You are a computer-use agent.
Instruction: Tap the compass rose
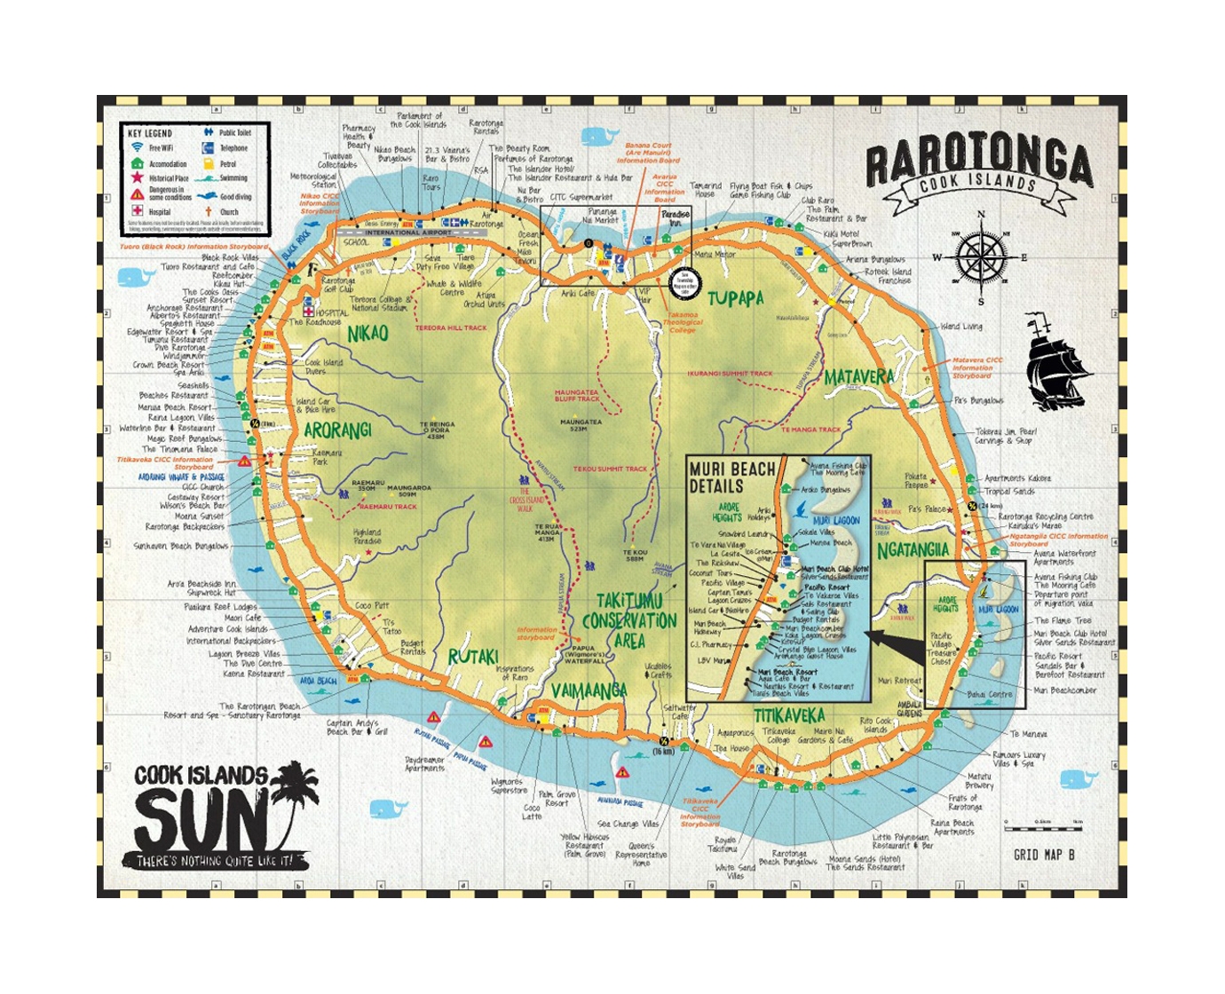coord(980,257)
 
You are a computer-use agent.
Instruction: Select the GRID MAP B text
coord(1044,855)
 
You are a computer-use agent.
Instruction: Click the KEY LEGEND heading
coord(149,133)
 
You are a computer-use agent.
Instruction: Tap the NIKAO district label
coord(367,334)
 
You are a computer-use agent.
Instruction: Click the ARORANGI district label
coord(337,430)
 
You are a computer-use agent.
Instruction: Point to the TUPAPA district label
coord(735,299)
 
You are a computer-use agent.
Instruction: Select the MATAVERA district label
coord(857,377)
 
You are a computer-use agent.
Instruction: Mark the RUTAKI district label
coord(472,657)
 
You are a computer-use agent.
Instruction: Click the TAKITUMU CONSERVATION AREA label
coord(629,619)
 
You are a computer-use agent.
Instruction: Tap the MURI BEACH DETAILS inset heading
coord(731,477)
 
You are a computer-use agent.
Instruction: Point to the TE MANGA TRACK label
coord(810,430)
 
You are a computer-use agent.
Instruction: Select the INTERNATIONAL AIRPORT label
coord(395,233)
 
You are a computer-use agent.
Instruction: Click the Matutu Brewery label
coord(979,781)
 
